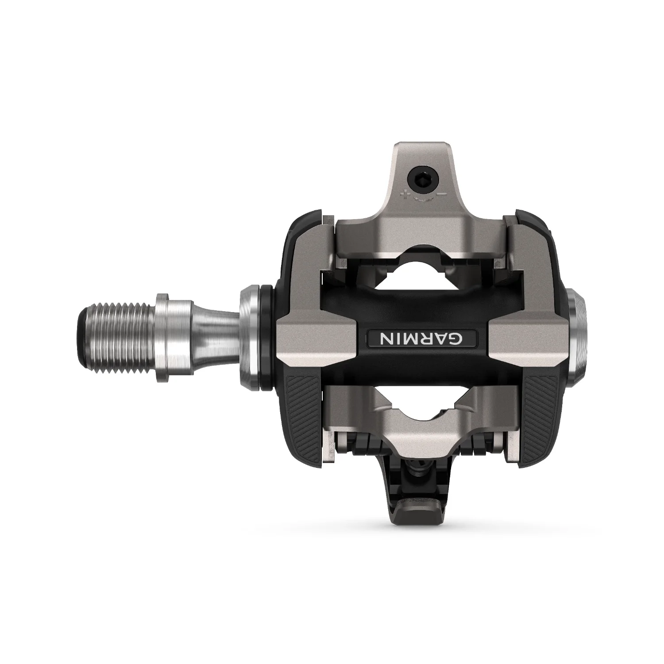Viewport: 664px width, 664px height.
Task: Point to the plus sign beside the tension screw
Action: point(403,193)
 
